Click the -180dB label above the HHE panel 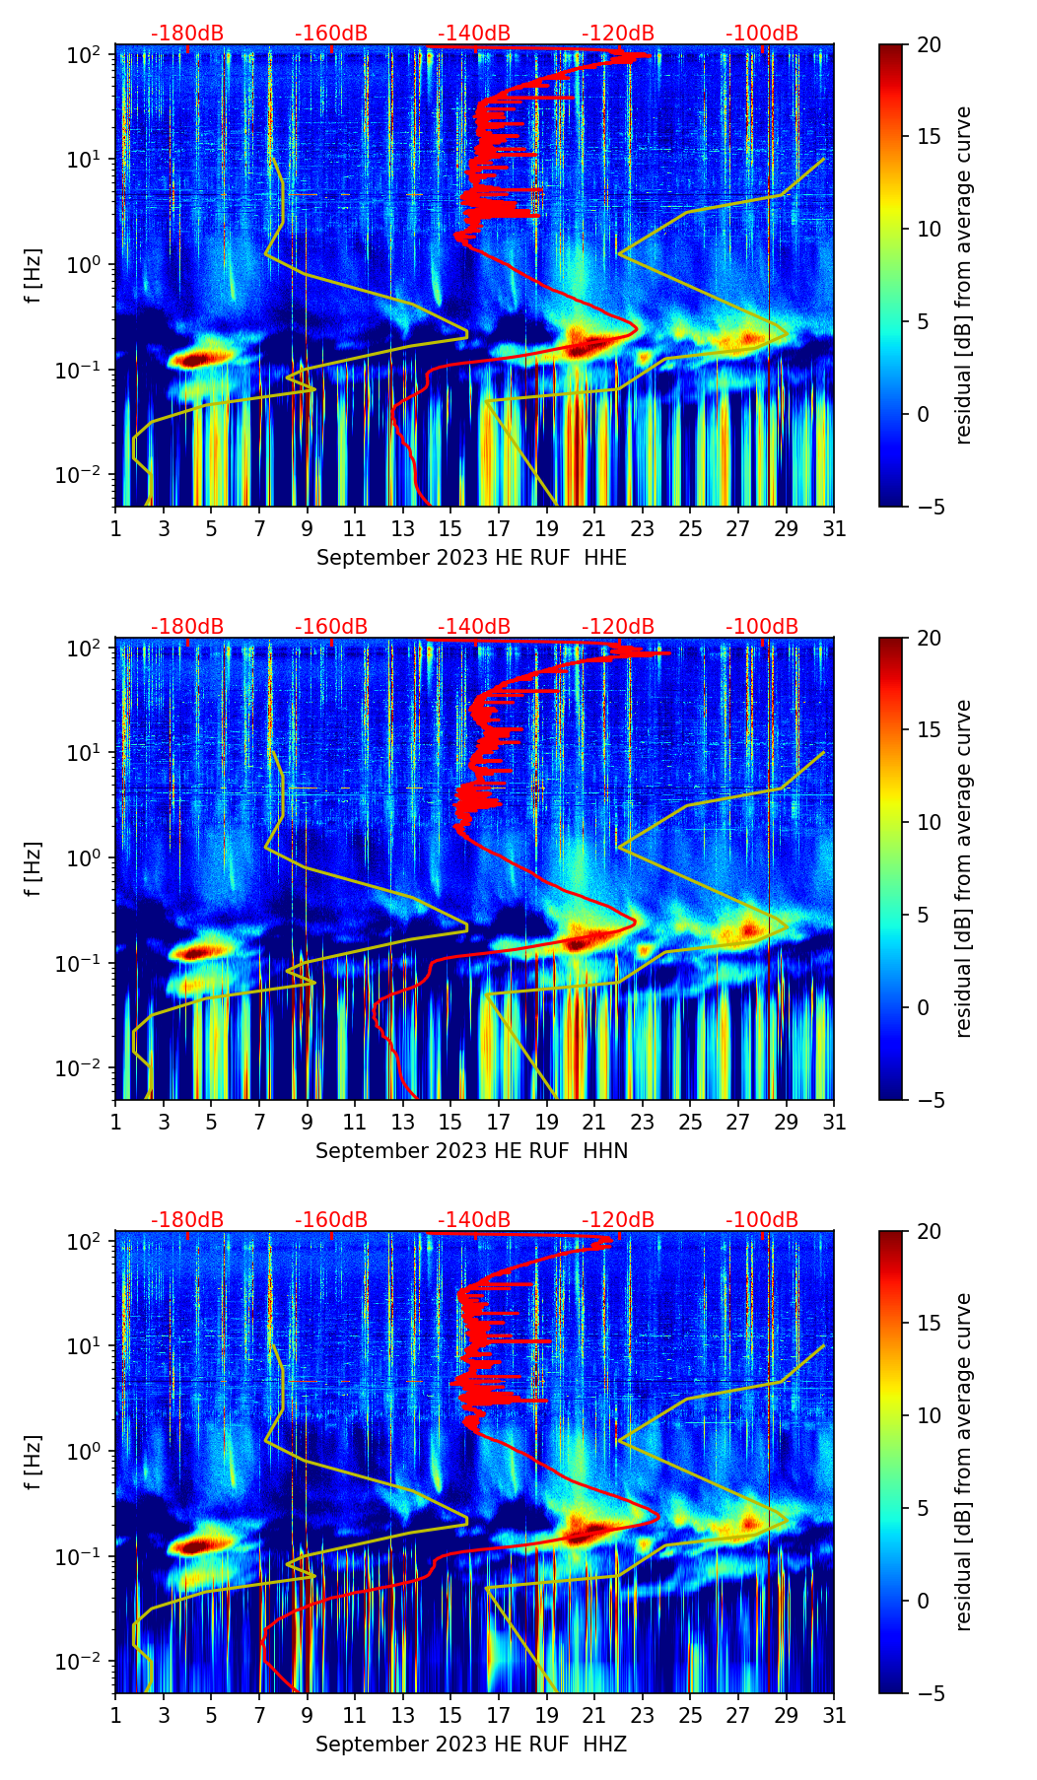click(x=187, y=34)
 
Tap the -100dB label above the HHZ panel click(x=762, y=1220)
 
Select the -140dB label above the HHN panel click(x=474, y=627)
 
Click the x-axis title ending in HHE click(x=471, y=558)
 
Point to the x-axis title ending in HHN click(x=471, y=1151)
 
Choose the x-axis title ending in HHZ click(x=471, y=1745)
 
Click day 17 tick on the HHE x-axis click(x=499, y=528)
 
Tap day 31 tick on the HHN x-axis click(x=834, y=1122)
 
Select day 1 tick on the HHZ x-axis click(x=116, y=1715)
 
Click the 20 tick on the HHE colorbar click(x=929, y=44)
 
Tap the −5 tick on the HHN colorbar click(x=929, y=1100)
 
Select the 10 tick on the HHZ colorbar click(x=929, y=1416)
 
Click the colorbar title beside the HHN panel click(x=963, y=868)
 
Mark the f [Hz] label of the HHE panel click(x=35, y=276)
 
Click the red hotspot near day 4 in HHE click(x=197, y=359)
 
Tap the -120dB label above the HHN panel click(x=618, y=627)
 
